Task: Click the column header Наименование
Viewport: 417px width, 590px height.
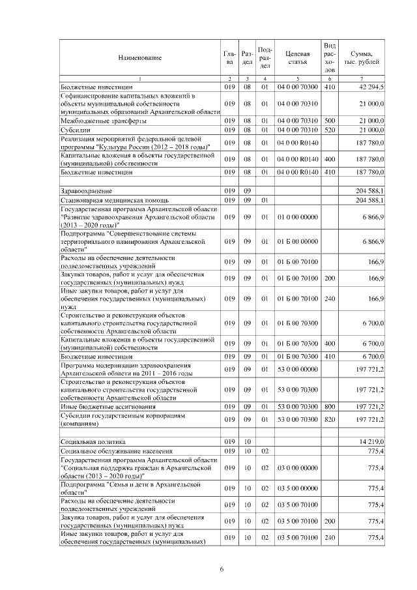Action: [x=139, y=58]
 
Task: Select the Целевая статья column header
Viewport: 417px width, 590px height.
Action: [x=297, y=58]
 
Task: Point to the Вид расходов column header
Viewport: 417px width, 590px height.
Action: [x=330, y=57]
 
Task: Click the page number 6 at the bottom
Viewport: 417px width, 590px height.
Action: [x=222, y=569]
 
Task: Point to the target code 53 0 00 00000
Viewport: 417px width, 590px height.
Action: [x=297, y=369]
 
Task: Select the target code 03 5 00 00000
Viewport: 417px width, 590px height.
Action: [x=297, y=487]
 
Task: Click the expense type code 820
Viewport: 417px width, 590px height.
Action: [x=330, y=419]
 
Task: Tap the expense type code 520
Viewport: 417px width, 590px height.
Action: [x=330, y=130]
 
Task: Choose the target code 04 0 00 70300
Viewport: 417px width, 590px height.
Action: [x=297, y=86]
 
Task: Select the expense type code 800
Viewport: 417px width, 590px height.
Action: [x=330, y=406]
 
